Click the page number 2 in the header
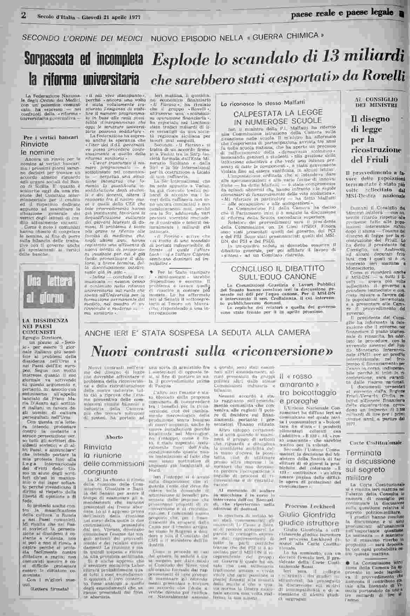point(24,15)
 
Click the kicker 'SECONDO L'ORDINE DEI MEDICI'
point(83,38)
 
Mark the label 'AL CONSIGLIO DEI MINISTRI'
point(376,102)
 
